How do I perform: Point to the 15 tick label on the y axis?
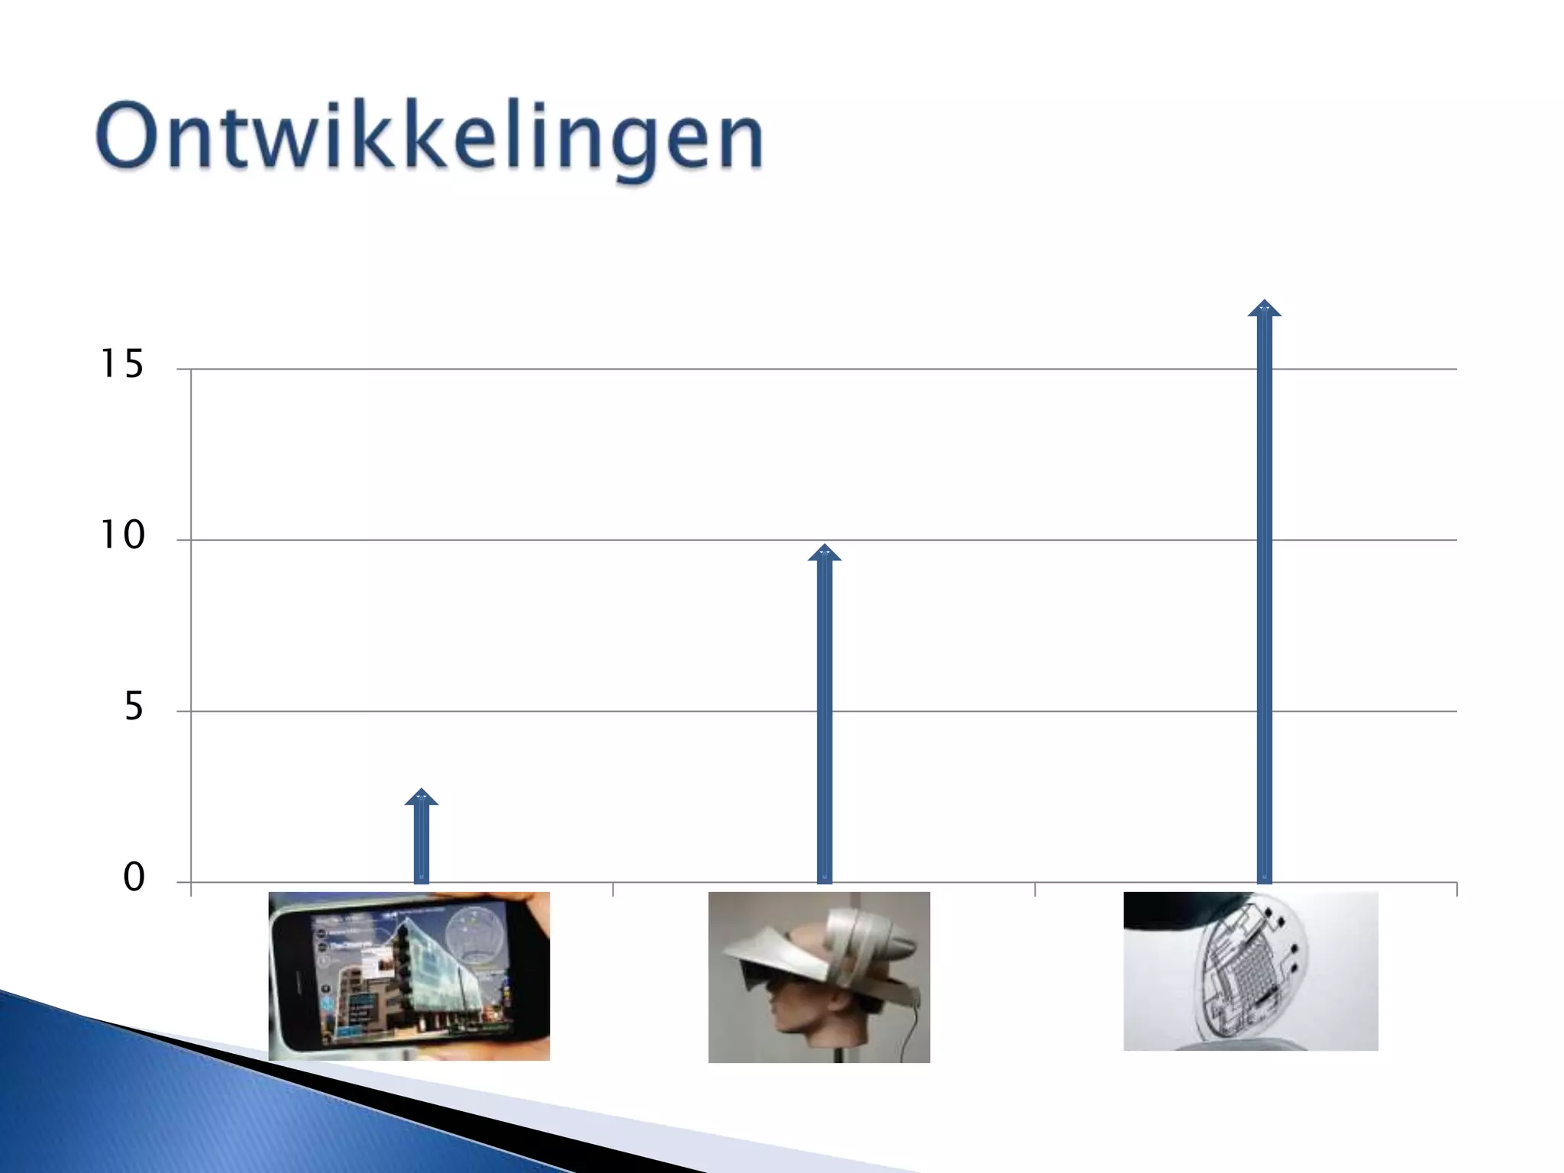(122, 364)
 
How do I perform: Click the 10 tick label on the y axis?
(122, 536)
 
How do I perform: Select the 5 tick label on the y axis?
(134, 707)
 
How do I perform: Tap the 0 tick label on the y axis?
(134, 878)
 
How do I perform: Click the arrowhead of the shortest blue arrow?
(421, 797)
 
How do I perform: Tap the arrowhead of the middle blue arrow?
(824, 553)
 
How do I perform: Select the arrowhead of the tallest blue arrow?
(1264, 309)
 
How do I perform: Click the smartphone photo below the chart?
(409, 976)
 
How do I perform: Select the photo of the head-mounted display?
(819, 977)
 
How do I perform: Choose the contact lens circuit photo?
(1250, 971)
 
